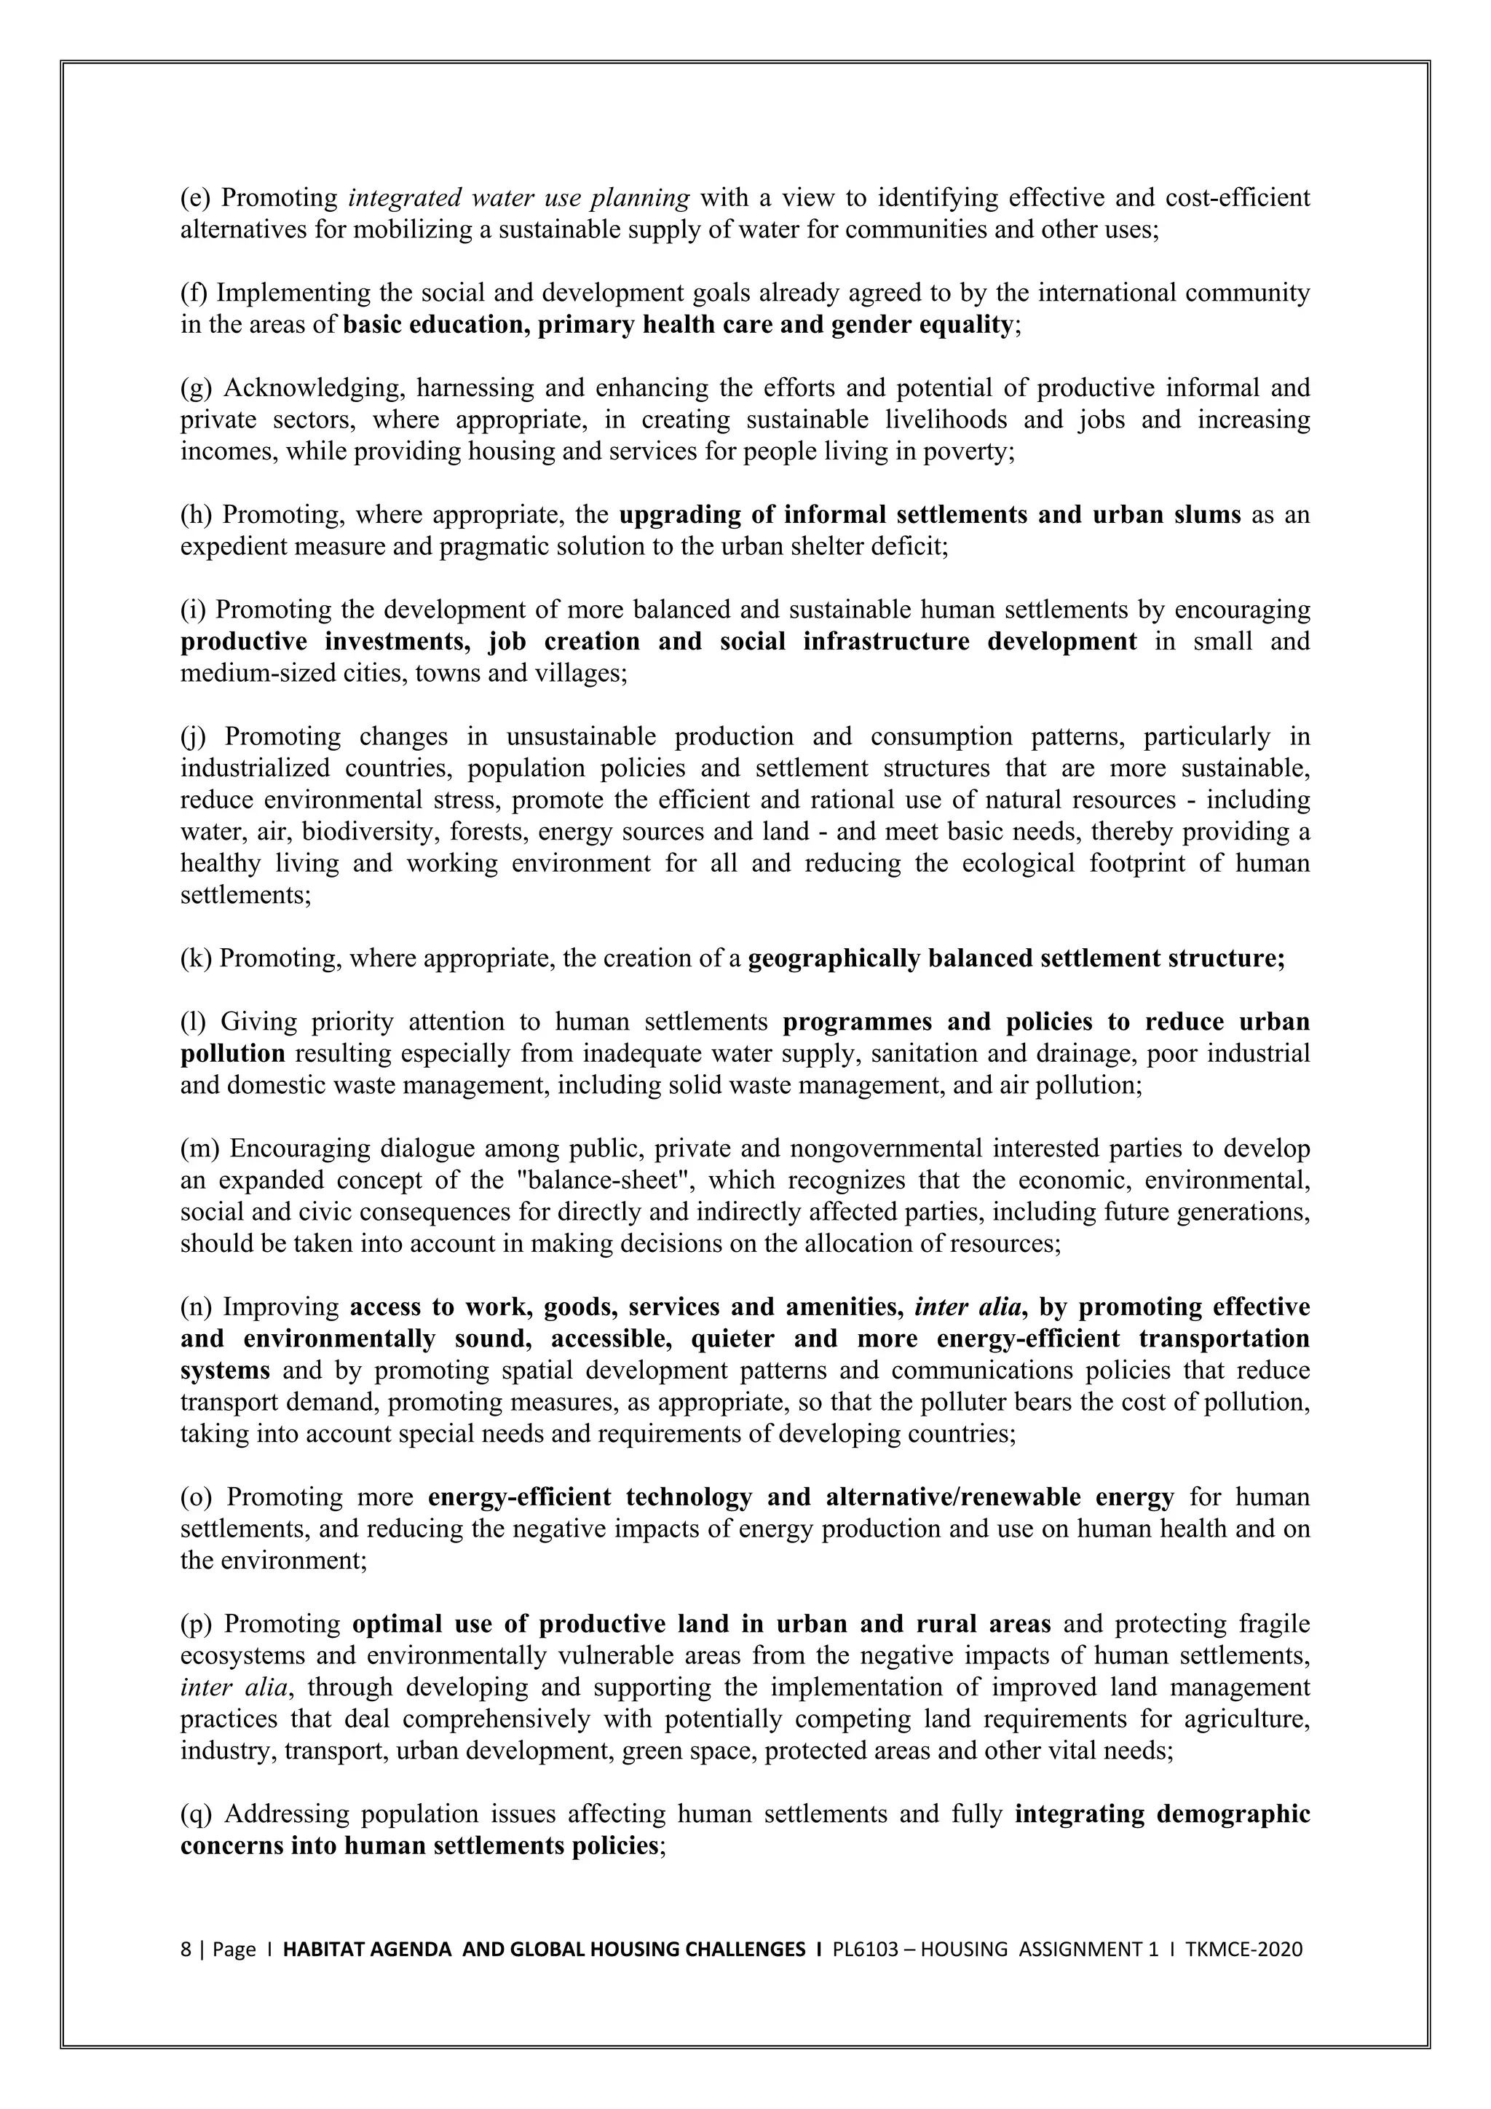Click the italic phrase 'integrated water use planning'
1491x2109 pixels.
519,198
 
